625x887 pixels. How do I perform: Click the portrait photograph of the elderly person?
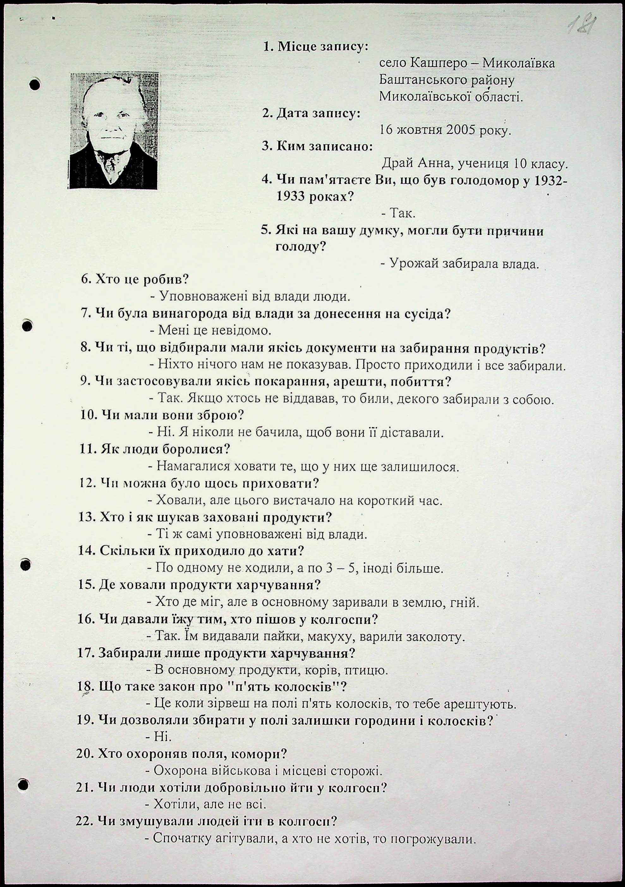tap(114, 130)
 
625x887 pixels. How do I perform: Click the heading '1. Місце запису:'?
tap(315, 47)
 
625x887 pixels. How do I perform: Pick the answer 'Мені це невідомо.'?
tap(211, 330)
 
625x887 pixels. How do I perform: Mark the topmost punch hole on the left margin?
tap(35, 85)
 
